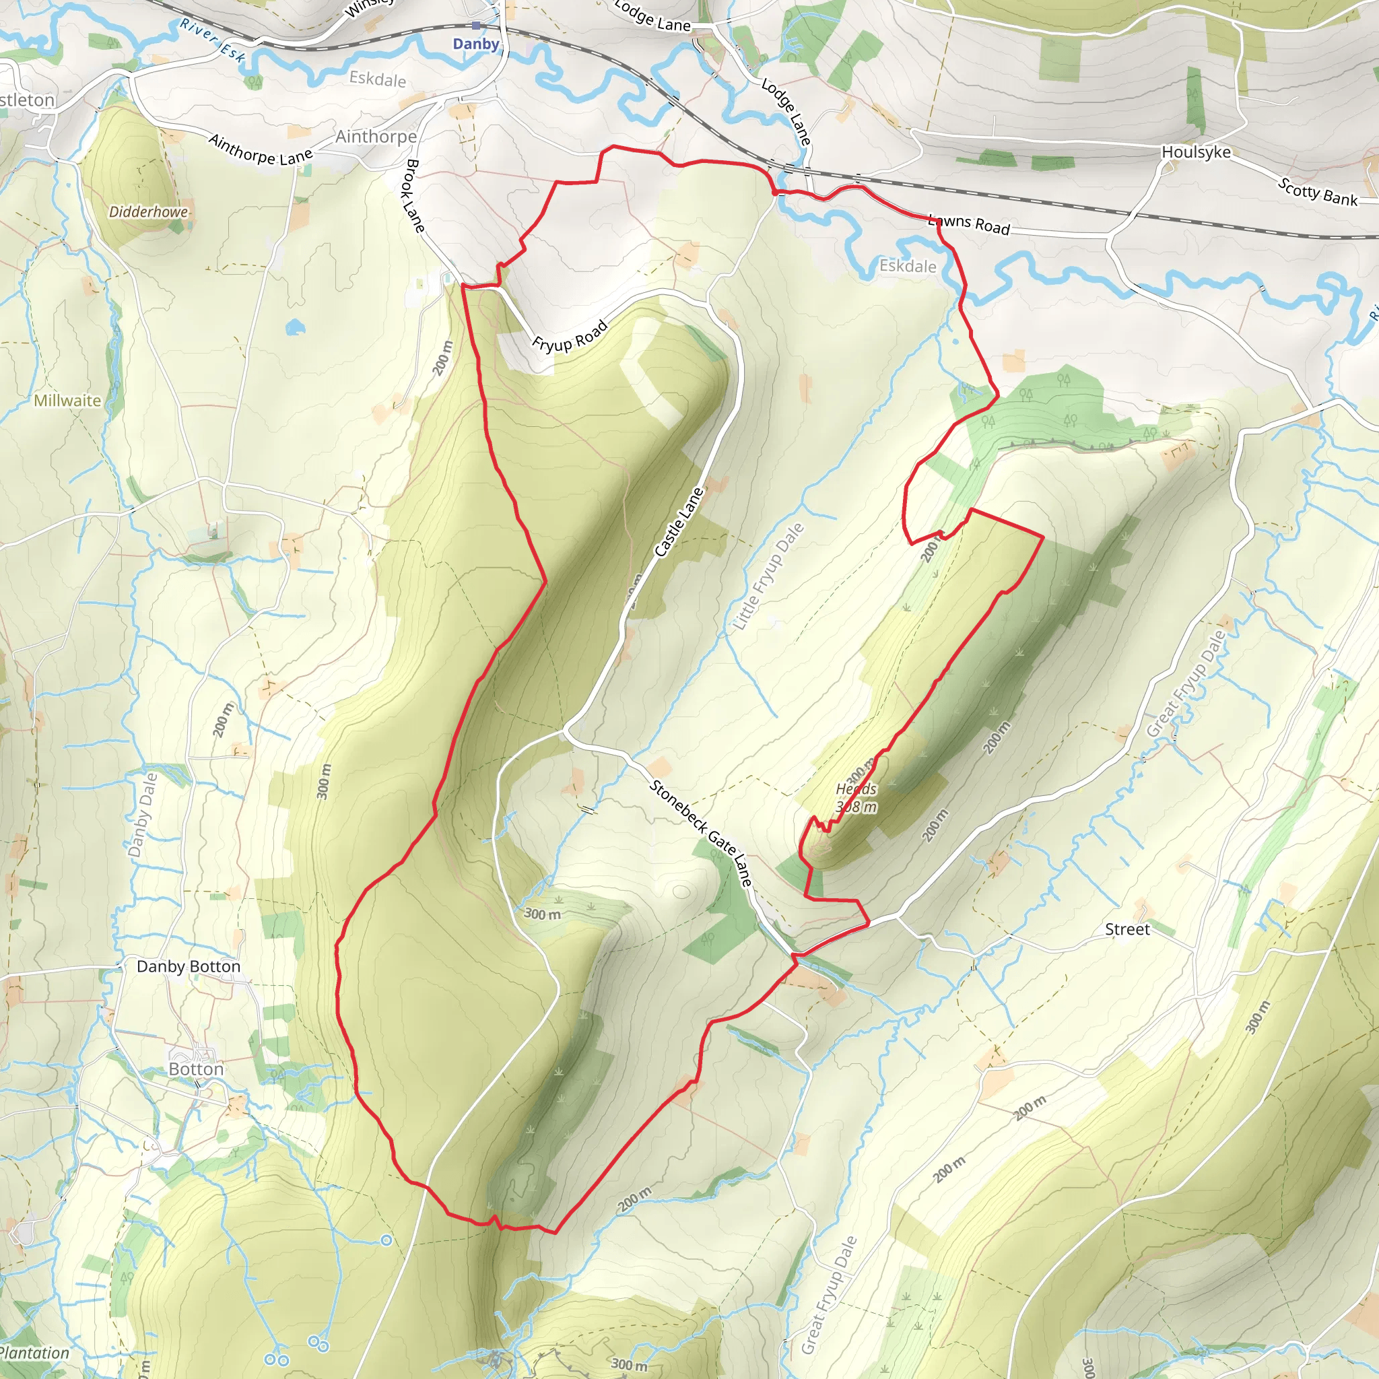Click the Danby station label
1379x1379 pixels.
tap(476, 44)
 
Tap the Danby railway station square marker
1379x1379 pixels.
tap(476, 26)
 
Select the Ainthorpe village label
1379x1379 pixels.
tap(376, 136)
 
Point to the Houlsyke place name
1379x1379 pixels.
tap(1197, 152)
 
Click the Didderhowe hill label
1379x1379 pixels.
tap(148, 212)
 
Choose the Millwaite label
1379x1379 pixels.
tap(68, 401)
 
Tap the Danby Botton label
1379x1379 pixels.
tap(189, 966)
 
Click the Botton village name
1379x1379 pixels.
tap(197, 1069)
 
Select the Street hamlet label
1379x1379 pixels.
tap(1127, 929)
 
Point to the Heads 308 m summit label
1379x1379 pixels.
tap(856, 798)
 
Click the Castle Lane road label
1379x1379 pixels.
tap(679, 522)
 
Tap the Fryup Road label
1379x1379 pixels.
tap(570, 336)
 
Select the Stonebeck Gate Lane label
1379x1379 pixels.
tap(700, 833)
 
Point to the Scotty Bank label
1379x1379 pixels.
tap(1318, 192)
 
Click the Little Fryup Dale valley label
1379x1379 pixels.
tap(769, 577)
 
